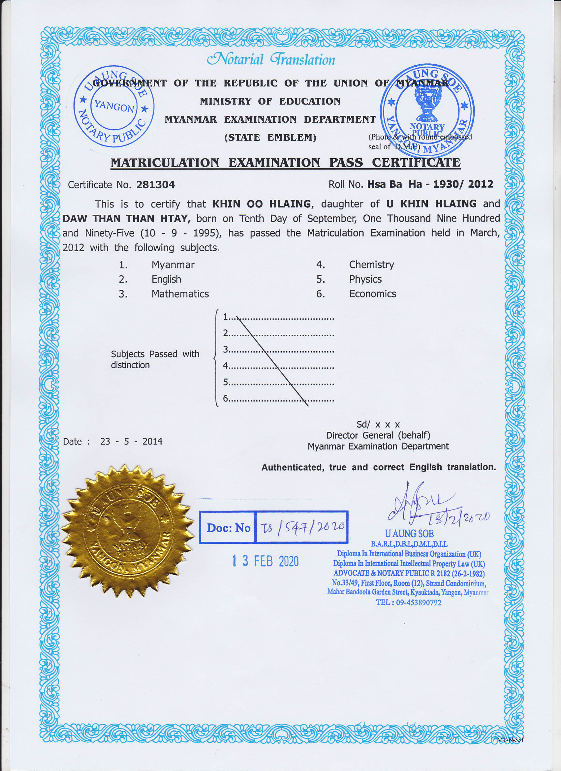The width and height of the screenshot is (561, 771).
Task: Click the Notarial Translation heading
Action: coord(271,60)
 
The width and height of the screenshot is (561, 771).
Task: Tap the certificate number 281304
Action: coord(155,185)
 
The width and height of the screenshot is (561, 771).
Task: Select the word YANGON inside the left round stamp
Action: coord(114,106)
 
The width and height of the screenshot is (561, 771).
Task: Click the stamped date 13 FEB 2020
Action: coord(265,561)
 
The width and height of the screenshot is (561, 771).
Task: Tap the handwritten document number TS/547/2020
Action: coord(302,527)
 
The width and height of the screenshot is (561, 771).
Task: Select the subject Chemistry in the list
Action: coord(371,264)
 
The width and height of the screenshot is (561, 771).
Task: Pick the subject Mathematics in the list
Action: coord(180,294)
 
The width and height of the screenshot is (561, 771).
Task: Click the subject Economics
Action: coord(373,294)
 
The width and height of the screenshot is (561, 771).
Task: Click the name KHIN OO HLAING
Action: coord(262,204)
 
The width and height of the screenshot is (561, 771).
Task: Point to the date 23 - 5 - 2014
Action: coord(131,441)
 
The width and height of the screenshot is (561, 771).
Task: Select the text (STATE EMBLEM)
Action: coord(270,138)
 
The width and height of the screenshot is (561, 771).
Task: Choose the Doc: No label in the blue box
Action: coord(229,528)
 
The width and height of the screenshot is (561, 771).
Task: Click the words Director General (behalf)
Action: coord(378,435)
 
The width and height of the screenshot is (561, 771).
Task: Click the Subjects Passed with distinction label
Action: coord(155,359)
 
